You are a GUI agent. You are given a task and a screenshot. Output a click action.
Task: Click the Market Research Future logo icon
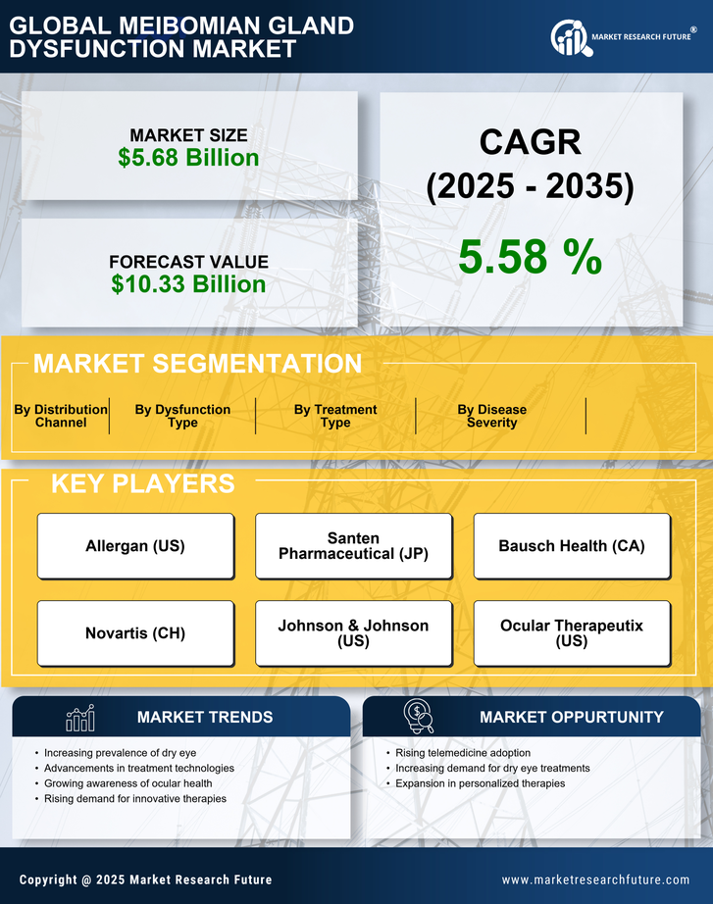pyautogui.click(x=569, y=37)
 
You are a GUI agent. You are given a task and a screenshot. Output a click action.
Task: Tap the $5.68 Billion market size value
pyautogui.click(x=188, y=158)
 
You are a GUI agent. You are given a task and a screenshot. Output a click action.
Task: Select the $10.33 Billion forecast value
pyautogui.click(x=188, y=284)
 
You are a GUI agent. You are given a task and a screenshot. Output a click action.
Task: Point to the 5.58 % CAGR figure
pyautogui.click(x=530, y=257)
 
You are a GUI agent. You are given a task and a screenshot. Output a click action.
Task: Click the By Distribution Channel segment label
pyautogui.click(x=61, y=416)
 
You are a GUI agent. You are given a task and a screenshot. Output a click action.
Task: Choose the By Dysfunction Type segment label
pyautogui.click(x=182, y=416)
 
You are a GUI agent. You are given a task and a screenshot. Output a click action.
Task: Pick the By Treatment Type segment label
pyautogui.click(x=335, y=416)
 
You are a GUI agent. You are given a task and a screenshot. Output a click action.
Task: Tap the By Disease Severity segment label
pyautogui.click(x=491, y=416)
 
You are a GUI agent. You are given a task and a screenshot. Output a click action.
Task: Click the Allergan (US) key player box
pyautogui.click(x=135, y=546)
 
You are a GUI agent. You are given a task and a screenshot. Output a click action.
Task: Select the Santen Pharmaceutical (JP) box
pyautogui.click(x=353, y=546)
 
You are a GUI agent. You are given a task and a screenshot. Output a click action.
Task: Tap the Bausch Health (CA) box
pyautogui.click(x=572, y=546)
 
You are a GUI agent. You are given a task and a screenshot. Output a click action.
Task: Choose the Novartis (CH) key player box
pyautogui.click(x=135, y=633)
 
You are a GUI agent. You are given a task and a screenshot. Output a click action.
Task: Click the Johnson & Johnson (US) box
pyautogui.click(x=353, y=633)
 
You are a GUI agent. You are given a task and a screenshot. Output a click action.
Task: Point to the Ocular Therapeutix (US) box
pyautogui.click(x=572, y=633)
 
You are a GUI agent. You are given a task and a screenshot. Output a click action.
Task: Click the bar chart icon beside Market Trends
pyautogui.click(x=79, y=718)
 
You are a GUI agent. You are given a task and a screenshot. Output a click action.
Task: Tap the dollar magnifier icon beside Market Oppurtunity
pyautogui.click(x=419, y=717)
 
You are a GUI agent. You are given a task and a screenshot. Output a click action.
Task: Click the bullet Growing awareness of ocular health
pyautogui.click(x=127, y=783)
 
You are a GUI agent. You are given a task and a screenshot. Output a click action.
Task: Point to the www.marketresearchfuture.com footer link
pyautogui.click(x=595, y=879)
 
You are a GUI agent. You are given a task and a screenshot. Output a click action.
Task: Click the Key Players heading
pyautogui.click(x=142, y=483)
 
